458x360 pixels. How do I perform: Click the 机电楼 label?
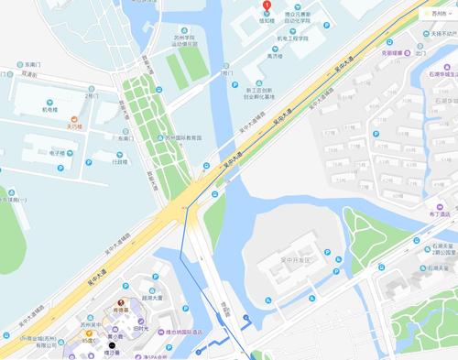click(x=50, y=107)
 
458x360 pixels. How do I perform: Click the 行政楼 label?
click(x=119, y=161)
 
